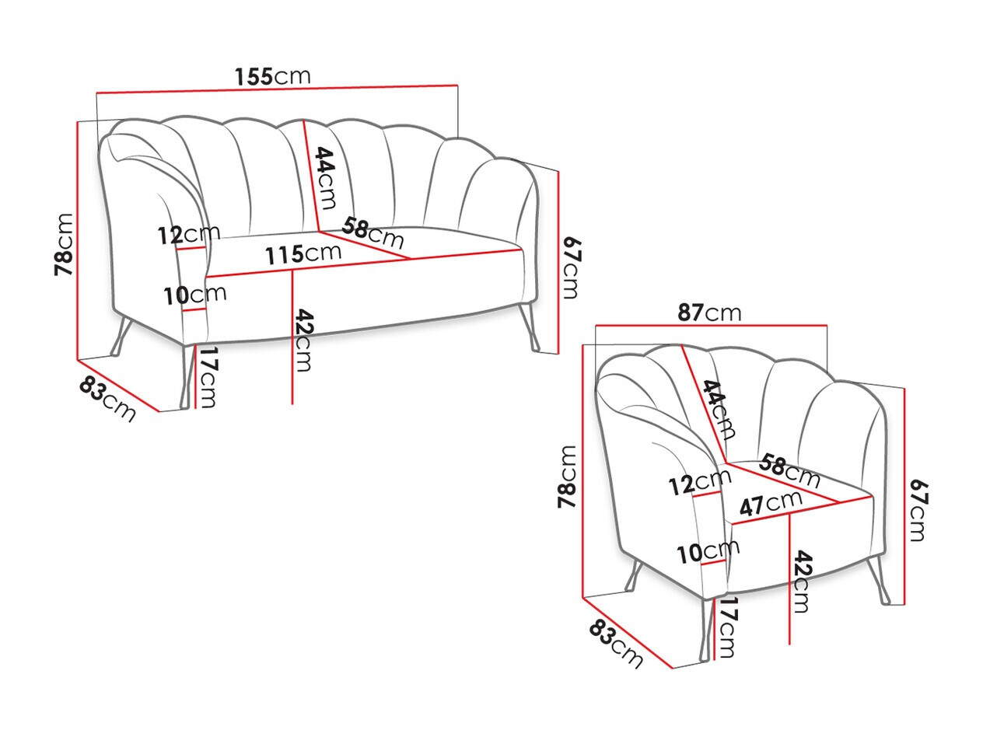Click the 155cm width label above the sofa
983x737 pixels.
(x=272, y=76)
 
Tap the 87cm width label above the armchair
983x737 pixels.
(x=708, y=313)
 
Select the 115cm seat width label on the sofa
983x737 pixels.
(x=303, y=253)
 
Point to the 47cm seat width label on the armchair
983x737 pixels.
(x=770, y=504)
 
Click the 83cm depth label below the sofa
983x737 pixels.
(x=107, y=399)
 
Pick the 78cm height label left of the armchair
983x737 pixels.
(x=567, y=477)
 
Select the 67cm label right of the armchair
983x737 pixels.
(x=918, y=510)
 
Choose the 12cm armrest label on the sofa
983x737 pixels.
(x=189, y=234)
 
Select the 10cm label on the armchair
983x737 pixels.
(x=707, y=552)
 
